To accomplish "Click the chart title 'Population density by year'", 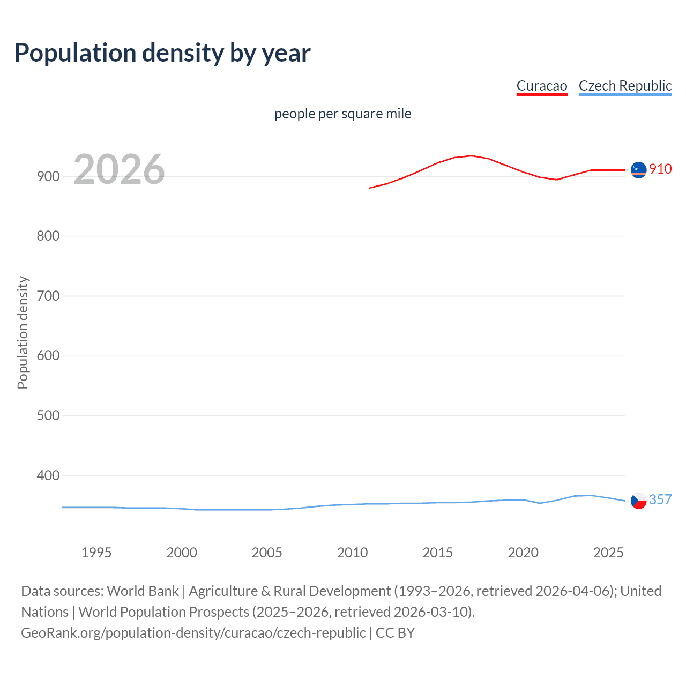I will click(x=162, y=53).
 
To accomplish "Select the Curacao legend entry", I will click(x=541, y=86).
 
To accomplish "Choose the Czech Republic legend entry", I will click(x=625, y=86).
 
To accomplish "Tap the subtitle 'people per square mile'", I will click(x=342, y=114).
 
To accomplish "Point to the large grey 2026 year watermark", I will click(x=119, y=169).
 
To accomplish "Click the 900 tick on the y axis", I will click(x=48, y=176).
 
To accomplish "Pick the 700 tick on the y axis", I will click(x=48, y=296).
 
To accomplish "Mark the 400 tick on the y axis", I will click(x=48, y=475).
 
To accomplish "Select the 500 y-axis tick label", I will click(x=48, y=415).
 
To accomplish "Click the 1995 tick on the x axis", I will click(x=96, y=553).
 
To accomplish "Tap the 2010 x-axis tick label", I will click(x=352, y=553).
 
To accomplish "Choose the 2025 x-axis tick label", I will click(x=608, y=553).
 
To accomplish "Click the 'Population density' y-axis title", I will click(x=23, y=332).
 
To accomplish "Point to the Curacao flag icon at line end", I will click(x=638, y=170).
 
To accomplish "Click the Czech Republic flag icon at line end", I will click(x=638, y=501).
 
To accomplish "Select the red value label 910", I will click(x=660, y=169).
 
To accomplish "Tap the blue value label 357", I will click(x=660, y=499).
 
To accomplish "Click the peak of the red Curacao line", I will click(x=471, y=155).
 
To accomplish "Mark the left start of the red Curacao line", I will click(x=370, y=188).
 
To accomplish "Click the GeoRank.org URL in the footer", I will click(x=193, y=633).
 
